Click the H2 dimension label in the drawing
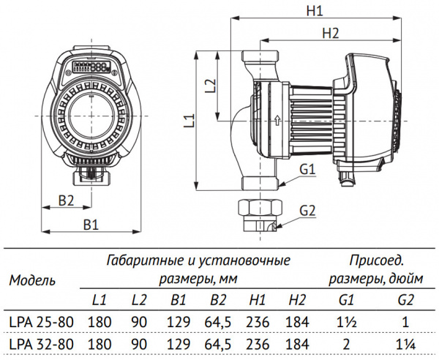331,33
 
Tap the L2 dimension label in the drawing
210,86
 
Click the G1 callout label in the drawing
307,170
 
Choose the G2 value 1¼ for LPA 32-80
404,342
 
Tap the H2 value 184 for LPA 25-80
297,321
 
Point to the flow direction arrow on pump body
277,121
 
